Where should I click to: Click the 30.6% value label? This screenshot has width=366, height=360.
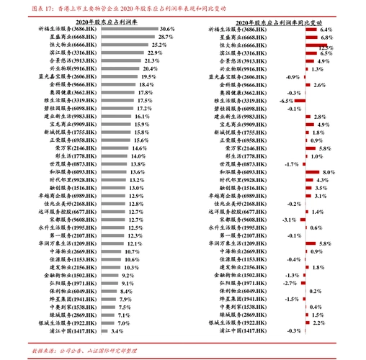click(x=169, y=29)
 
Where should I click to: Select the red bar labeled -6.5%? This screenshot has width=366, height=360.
click(x=291, y=102)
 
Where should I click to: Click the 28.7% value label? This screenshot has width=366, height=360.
click(x=165, y=37)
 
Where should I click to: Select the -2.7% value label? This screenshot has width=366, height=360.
click(x=292, y=284)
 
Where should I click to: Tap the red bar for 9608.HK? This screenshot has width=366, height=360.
click(x=301, y=220)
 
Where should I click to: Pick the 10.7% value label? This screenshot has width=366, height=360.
click(x=132, y=252)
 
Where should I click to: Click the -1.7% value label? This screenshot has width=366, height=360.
click(x=291, y=164)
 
